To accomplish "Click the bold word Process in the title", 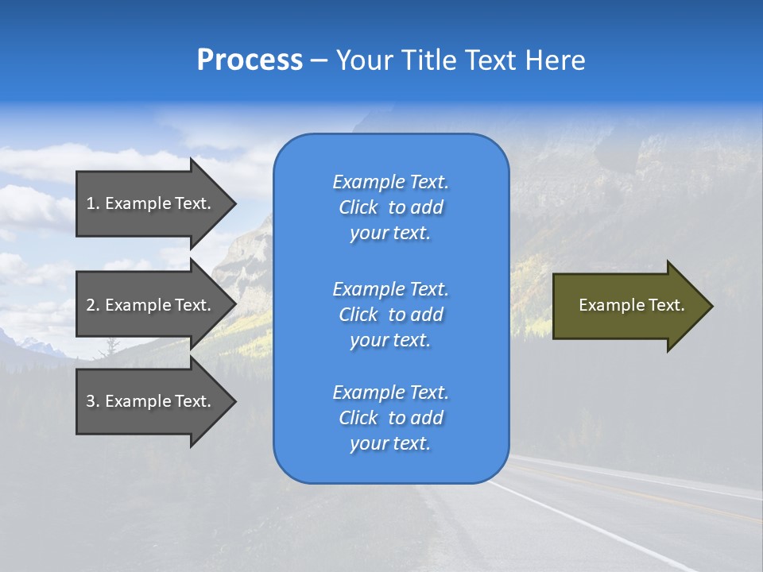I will [x=250, y=60].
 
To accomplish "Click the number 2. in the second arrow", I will [x=92, y=305].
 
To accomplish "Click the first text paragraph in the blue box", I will [x=390, y=207].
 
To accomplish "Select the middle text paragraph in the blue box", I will [x=390, y=315].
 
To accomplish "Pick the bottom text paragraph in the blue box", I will [x=390, y=418].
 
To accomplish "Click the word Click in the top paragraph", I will [x=358, y=207].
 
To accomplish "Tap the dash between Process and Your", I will [x=319, y=60].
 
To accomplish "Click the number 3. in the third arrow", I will [x=92, y=401].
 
